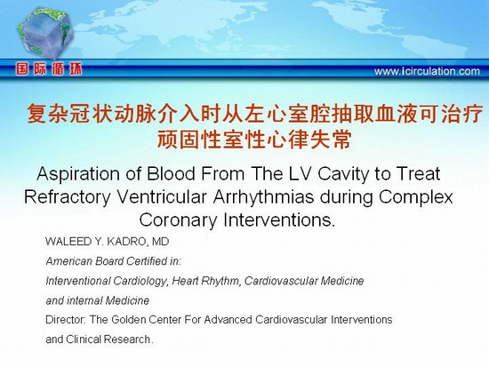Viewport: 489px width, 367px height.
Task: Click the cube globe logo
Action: click(46, 34)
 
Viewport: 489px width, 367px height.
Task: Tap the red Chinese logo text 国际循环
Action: click(49, 69)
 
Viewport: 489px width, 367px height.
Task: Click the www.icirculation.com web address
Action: click(427, 71)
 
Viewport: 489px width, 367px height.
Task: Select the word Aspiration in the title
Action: click(78, 174)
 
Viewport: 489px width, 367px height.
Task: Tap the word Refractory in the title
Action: click(68, 197)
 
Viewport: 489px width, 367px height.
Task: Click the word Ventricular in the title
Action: click(162, 196)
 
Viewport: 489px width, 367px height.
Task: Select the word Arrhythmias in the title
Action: click(263, 197)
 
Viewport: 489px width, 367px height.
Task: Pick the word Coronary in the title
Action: click(178, 220)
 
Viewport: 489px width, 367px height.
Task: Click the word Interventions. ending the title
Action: click(279, 219)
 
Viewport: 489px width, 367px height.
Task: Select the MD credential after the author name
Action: click(160, 242)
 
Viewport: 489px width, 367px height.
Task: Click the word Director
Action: click(66, 320)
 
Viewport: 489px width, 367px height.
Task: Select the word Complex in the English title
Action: click(416, 197)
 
